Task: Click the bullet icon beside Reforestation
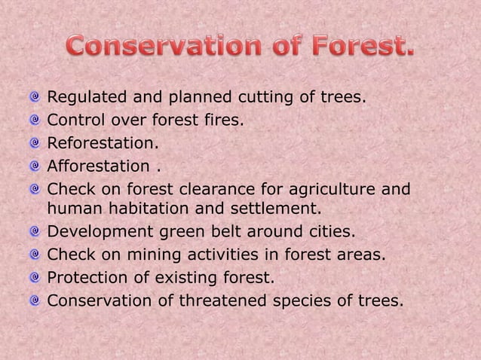35,141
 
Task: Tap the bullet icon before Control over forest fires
35,119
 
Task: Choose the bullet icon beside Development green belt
35,231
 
